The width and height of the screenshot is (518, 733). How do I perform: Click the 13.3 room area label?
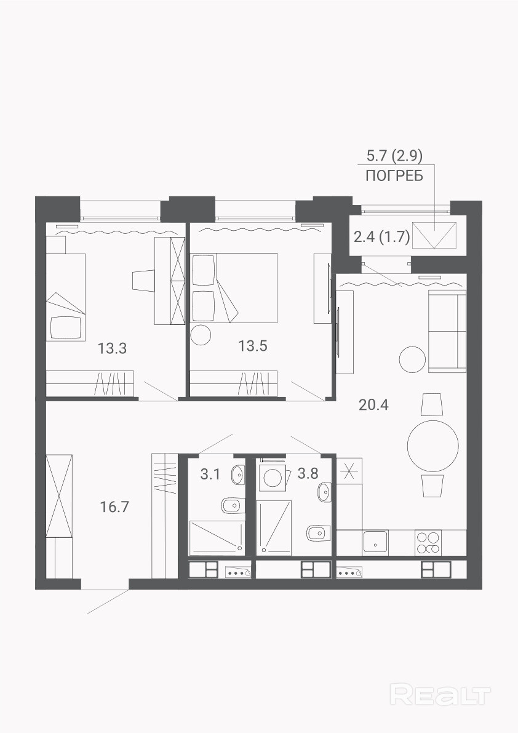point(112,348)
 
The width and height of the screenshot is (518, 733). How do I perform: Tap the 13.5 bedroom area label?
point(253,346)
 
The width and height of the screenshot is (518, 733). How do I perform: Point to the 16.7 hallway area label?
point(114,507)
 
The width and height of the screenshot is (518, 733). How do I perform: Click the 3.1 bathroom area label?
point(210,475)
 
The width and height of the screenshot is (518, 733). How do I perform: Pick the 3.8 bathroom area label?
point(308,473)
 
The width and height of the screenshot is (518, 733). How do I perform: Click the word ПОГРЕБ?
point(394,176)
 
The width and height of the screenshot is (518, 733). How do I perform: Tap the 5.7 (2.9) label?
point(395,154)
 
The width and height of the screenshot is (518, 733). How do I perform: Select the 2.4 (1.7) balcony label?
point(381,238)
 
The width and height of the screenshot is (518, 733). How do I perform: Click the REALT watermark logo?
point(440,695)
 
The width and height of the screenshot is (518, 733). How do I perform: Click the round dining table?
point(432,446)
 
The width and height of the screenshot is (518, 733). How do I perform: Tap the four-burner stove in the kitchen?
point(428,543)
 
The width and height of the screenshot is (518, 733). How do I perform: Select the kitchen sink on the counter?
point(375,543)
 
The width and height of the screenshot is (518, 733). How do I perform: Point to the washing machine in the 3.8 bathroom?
point(272,478)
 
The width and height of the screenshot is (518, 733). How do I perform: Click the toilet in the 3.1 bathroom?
point(231,505)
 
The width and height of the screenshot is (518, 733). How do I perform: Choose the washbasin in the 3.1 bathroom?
point(237,476)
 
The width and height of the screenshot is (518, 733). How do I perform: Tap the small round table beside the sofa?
point(412,359)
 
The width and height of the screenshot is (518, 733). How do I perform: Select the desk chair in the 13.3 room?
point(143,281)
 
